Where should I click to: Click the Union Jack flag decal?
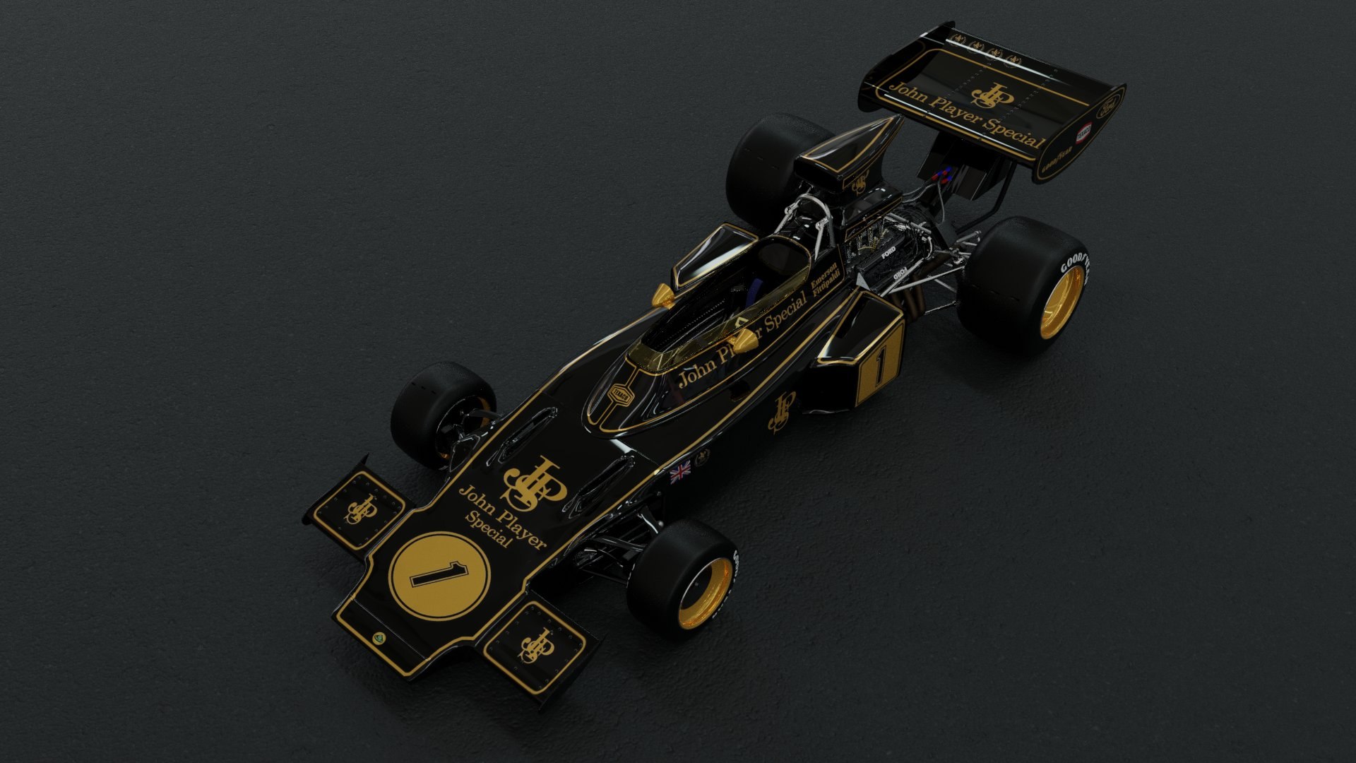[x=680, y=471]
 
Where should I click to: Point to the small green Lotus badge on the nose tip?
[x=380, y=638]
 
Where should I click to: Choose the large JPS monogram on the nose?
[x=533, y=481]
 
